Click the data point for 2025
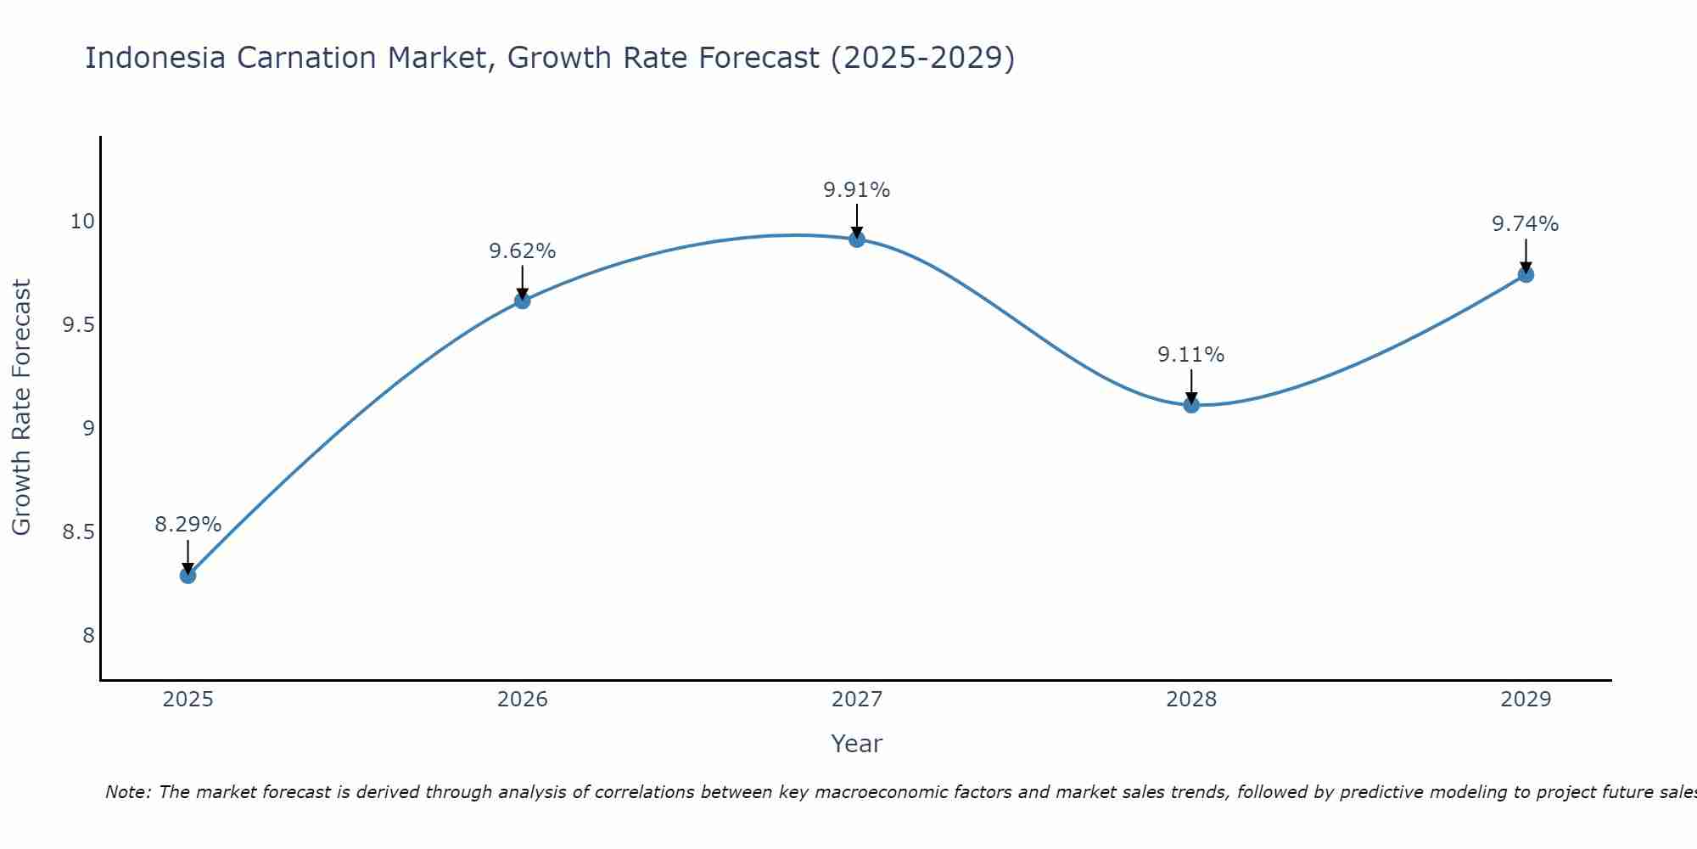pos(188,576)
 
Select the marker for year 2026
pos(522,301)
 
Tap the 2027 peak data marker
pos(857,239)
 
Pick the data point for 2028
pos(1191,405)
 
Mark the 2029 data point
pos(1526,274)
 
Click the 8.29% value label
pos(188,525)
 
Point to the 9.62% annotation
pos(522,251)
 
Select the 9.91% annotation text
pos(857,190)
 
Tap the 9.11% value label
pos(1191,355)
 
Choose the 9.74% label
pos(1526,224)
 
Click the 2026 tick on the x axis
pos(522,700)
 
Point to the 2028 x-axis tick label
pos(1191,700)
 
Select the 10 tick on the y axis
pos(82,222)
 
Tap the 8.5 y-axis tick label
pos(78,533)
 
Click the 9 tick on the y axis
pos(88,429)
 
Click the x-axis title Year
pos(857,744)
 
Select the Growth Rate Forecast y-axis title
pos(22,408)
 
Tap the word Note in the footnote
pos(127,793)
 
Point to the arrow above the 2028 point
pos(1191,386)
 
